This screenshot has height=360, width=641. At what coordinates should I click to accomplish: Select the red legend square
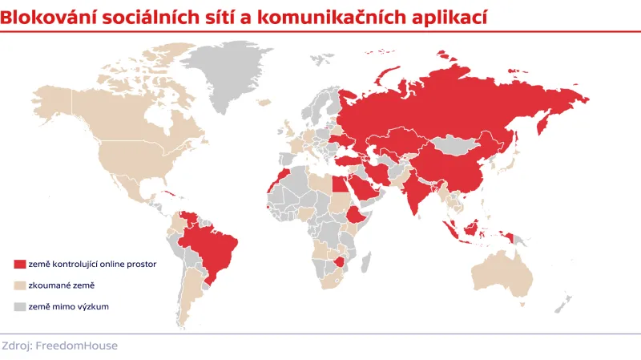point(20,264)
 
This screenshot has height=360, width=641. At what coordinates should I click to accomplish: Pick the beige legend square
point(20,285)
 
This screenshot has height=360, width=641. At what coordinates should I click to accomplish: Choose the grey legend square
point(20,306)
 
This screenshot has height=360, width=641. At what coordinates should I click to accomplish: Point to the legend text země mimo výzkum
point(68,306)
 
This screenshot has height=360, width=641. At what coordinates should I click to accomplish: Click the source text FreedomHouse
point(83,346)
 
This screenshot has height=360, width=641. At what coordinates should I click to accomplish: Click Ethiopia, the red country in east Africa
point(355,215)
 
